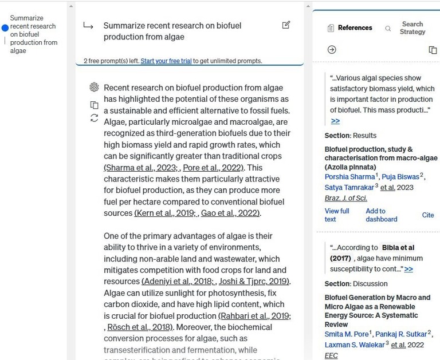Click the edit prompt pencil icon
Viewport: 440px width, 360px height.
click(x=286, y=25)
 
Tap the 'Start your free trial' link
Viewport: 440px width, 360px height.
click(x=166, y=61)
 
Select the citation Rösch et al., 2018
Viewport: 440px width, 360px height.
click(x=139, y=327)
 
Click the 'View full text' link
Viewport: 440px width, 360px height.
click(x=337, y=215)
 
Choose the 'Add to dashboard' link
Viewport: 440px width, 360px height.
click(x=381, y=215)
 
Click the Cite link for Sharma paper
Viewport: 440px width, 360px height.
click(x=428, y=215)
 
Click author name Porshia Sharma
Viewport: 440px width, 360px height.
click(x=349, y=177)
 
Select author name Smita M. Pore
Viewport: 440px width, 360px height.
click(x=347, y=334)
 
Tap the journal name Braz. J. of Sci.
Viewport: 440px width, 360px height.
click(x=346, y=198)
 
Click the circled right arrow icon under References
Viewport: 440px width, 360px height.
click(x=332, y=50)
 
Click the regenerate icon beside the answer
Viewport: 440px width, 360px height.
click(x=95, y=118)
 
